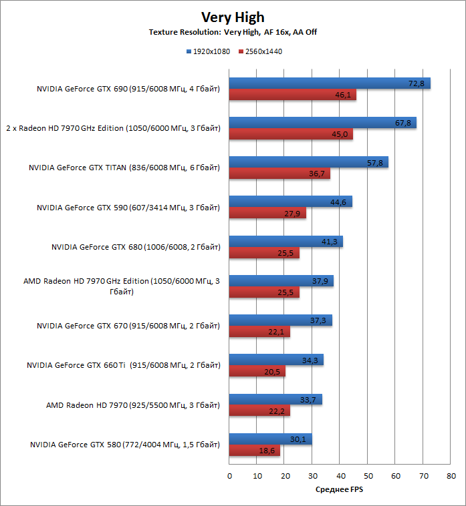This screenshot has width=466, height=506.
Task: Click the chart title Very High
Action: [233, 17]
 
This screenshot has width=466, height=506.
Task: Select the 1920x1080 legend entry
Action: [209, 51]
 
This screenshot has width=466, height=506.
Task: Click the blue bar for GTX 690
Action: [330, 83]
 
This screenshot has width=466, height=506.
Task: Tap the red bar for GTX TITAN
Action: [279, 174]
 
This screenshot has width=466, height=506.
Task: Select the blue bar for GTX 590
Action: [290, 202]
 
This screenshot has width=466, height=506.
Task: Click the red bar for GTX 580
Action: [255, 451]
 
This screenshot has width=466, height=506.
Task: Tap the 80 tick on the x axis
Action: [451, 476]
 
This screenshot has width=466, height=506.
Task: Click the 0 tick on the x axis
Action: [229, 476]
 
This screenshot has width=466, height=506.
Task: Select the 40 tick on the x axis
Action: [340, 476]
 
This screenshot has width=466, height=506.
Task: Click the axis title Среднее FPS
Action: [340, 489]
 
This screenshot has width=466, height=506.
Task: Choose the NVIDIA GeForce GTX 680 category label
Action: [136, 247]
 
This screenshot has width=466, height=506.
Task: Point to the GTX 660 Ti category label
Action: [123, 365]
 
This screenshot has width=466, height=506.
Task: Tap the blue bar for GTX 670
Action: [280, 320]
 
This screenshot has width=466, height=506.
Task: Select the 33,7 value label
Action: [309, 400]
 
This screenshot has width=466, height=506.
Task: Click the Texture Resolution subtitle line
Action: [233, 31]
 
